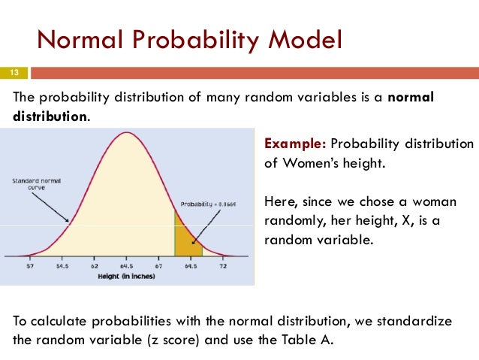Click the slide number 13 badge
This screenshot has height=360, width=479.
point(14,72)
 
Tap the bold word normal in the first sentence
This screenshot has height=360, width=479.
point(411,99)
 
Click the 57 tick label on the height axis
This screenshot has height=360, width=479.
point(30,267)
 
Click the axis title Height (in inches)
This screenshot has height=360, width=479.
point(126,277)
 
